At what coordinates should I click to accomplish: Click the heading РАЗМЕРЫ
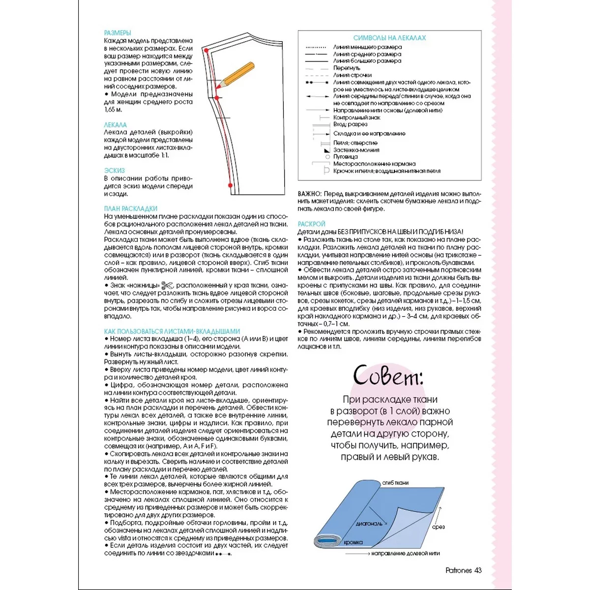[x=118, y=33]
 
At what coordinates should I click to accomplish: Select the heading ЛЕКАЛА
[x=116, y=125]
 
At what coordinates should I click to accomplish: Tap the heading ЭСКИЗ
[x=115, y=171]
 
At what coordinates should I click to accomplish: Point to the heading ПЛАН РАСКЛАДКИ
[x=131, y=208]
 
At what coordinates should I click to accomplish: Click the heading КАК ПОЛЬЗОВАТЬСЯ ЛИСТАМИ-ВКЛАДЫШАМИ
[x=172, y=331]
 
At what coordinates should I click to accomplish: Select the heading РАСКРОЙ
[x=312, y=224]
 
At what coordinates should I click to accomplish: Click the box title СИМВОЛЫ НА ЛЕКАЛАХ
[x=389, y=38]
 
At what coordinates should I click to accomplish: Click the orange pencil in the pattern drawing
[x=236, y=75]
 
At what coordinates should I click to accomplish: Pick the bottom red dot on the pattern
[x=230, y=185]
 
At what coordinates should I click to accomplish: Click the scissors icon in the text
[x=168, y=285]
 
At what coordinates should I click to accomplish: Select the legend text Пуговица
[x=345, y=157]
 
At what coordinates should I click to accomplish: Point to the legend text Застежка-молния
[x=356, y=150]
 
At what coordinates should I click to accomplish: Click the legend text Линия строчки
[x=352, y=75]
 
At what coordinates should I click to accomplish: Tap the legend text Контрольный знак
[x=357, y=118]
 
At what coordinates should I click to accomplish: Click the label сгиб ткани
[x=395, y=483]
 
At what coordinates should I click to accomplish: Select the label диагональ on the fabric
[x=369, y=524]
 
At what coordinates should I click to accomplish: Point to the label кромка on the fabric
[x=353, y=542]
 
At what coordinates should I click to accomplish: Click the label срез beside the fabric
[x=439, y=527]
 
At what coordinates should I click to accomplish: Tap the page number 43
[x=478, y=570]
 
